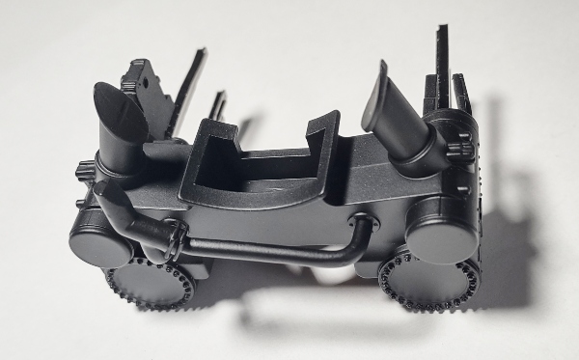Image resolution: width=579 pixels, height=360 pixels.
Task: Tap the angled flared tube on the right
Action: (390, 105)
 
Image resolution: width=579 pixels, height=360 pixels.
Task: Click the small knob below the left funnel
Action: (82, 173)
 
